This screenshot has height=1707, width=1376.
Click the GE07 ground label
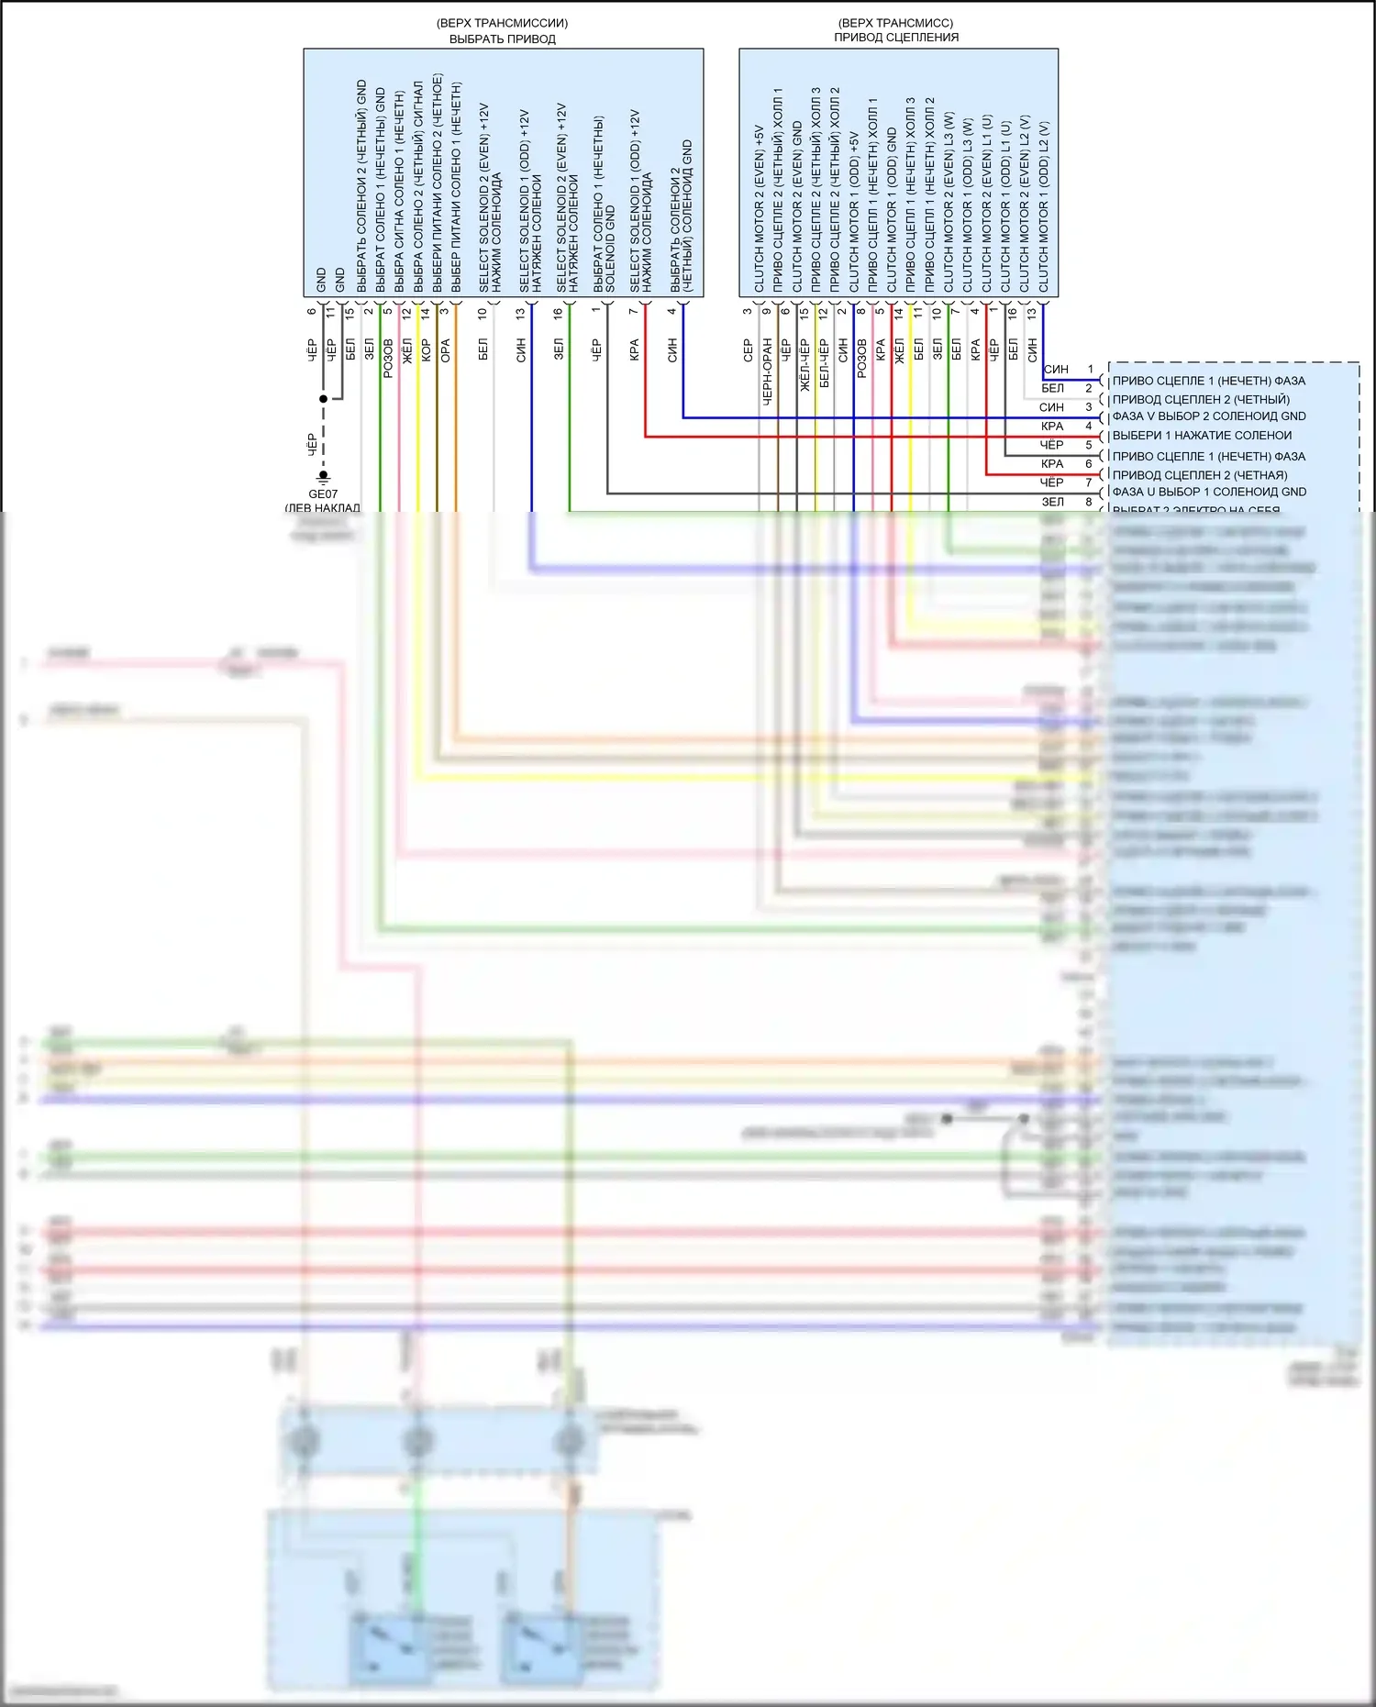coord(323,493)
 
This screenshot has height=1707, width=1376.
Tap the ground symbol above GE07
coord(323,476)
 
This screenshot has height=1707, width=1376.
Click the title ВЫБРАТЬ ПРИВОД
coord(502,39)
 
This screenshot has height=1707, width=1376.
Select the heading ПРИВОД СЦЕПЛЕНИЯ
coord(896,38)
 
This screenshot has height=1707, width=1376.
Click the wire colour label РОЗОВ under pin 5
coord(388,358)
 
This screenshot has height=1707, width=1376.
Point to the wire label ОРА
coord(446,350)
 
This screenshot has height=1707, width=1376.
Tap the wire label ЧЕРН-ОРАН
coord(767,371)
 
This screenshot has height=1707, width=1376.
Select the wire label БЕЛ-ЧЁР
coord(824,363)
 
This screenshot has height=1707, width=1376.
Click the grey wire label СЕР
coord(748,350)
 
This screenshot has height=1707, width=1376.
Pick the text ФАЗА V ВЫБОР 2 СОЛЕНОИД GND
coord(1209,416)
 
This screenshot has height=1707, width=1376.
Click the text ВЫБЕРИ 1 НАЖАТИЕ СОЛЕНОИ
coord(1202,436)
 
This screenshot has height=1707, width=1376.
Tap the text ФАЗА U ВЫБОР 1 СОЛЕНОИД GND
coord(1209,492)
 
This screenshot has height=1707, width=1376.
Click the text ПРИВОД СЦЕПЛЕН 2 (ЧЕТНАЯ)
coord(1200,475)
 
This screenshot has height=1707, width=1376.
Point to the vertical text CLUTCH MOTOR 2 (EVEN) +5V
coord(759,208)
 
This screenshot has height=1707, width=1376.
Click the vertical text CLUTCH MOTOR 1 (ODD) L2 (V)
coord(1044,206)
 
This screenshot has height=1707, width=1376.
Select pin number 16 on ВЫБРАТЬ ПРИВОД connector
coord(558,312)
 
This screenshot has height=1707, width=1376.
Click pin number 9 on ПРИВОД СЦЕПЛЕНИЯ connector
coord(767,311)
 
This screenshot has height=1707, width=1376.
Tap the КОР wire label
coord(427,350)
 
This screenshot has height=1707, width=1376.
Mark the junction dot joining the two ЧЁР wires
coord(323,399)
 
